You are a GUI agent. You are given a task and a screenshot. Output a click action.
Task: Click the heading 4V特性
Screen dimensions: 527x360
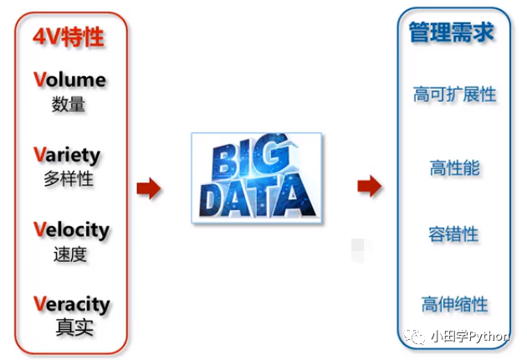pyautogui.click(x=69, y=37)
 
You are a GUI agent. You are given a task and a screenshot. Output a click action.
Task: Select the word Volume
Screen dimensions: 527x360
pyautogui.click(x=70, y=80)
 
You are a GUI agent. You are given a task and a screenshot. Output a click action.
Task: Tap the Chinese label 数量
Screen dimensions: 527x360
pyautogui.click(x=69, y=105)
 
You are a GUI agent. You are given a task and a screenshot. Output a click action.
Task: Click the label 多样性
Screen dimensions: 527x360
pyautogui.click(x=69, y=179)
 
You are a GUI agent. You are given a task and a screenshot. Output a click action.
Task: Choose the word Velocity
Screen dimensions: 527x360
pyautogui.click(x=72, y=229)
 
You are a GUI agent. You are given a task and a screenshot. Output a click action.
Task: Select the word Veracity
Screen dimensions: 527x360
pyautogui.click(x=72, y=303)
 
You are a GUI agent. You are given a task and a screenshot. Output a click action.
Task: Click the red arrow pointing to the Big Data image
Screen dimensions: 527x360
pyautogui.click(x=149, y=188)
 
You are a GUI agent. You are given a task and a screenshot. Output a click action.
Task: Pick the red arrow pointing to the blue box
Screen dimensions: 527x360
pyautogui.click(x=369, y=186)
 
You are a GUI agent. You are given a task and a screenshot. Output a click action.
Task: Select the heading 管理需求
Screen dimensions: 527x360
pyautogui.click(x=452, y=33)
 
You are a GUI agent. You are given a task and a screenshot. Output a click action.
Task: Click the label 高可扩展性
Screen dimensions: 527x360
pyautogui.click(x=454, y=94)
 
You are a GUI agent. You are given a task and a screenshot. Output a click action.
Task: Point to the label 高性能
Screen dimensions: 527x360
pyautogui.click(x=454, y=167)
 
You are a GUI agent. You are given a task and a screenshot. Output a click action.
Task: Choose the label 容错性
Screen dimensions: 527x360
pyautogui.click(x=454, y=234)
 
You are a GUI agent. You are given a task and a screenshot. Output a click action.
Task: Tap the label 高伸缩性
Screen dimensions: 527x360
pyautogui.click(x=454, y=303)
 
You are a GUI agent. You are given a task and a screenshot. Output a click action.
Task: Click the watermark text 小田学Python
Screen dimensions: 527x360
pyautogui.click(x=469, y=337)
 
